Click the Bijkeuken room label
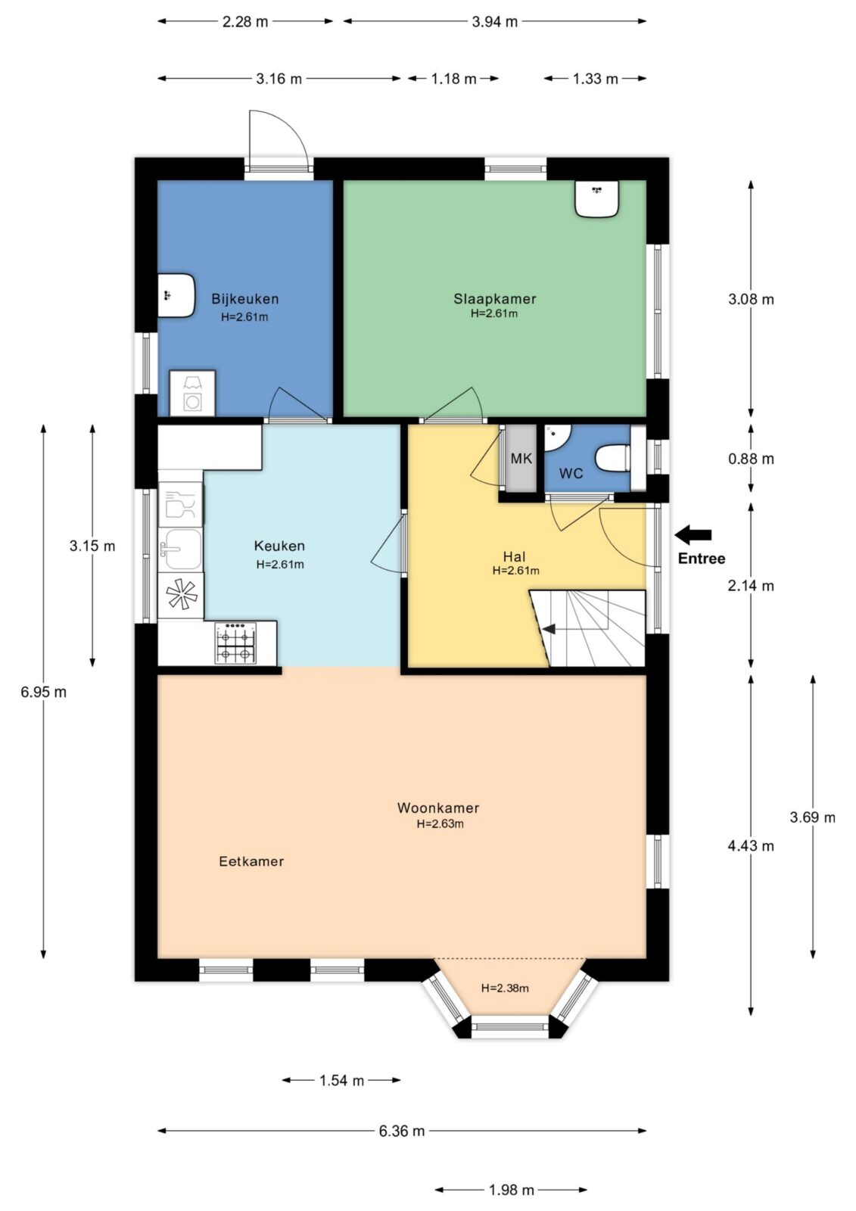point(245,299)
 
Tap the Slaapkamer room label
point(495,299)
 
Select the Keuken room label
point(279,546)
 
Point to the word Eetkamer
point(251,861)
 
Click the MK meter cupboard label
point(521,459)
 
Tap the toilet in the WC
point(613,459)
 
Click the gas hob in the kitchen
point(236,643)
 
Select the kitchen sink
point(182,549)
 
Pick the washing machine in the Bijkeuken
point(192,394)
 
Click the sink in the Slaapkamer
point(596,198)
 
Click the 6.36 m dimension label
point(401,1131)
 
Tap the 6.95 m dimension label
point(44,692)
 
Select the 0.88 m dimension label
point(751,459)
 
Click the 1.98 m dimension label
point(511,1190)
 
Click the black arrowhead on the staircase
point(549,629)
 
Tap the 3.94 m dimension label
point(494,22)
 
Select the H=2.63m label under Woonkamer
point(440,824)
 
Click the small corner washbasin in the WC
point(556,436)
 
